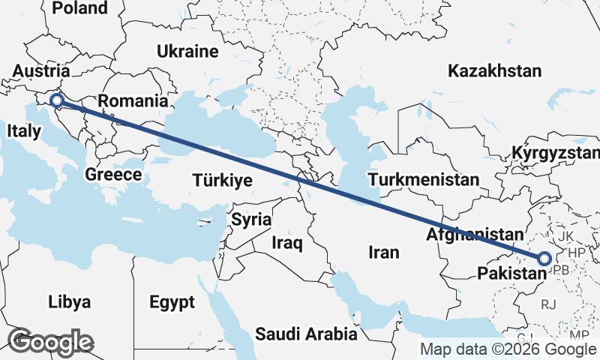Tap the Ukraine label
tap(187, 52)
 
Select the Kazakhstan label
tap(494, 71)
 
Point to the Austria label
tap(41, 71)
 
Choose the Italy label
tap(23, 130)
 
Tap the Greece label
tap(113, 174)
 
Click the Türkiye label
tap(222, 181)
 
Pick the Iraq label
tap(286, 243)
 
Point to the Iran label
tap(383, 252)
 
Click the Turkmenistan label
tap(423, 180)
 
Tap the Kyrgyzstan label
tap(556, 153)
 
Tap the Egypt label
tap(172, 302)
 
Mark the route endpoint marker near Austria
tap(55, 100)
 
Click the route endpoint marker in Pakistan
tap(544, 259)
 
